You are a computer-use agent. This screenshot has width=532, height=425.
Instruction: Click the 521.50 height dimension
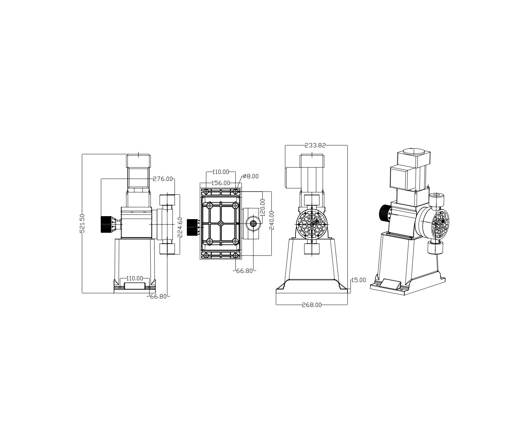pos(82,223)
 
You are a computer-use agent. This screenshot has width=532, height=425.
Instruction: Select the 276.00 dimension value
pos(163,179)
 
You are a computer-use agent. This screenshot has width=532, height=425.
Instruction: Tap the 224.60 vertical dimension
pos(180,227)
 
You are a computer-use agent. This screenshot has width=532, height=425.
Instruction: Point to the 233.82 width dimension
pos(315,145)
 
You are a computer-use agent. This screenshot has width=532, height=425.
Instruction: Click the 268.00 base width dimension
pos(312,305)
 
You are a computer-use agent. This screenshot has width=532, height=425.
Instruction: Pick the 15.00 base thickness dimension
pos(358,280)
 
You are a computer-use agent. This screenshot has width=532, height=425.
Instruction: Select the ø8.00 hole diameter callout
pos(251,176)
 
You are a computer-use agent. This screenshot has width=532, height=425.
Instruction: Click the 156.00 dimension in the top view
pos(221,183)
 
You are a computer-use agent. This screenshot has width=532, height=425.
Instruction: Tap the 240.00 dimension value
pos(272,220)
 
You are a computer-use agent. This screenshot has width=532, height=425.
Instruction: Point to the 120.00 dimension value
pos(263,208)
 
